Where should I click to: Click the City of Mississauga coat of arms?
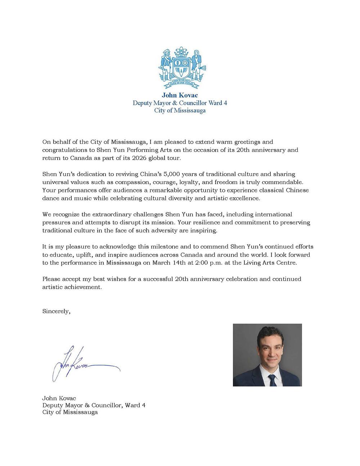coord(180,68)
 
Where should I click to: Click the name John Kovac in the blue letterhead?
coord(180,95)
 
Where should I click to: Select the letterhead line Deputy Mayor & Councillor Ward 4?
coord(180,103)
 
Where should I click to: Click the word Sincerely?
coord(56,311)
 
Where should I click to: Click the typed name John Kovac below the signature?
coord(59,398)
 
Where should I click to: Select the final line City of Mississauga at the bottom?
coord(70,412)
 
